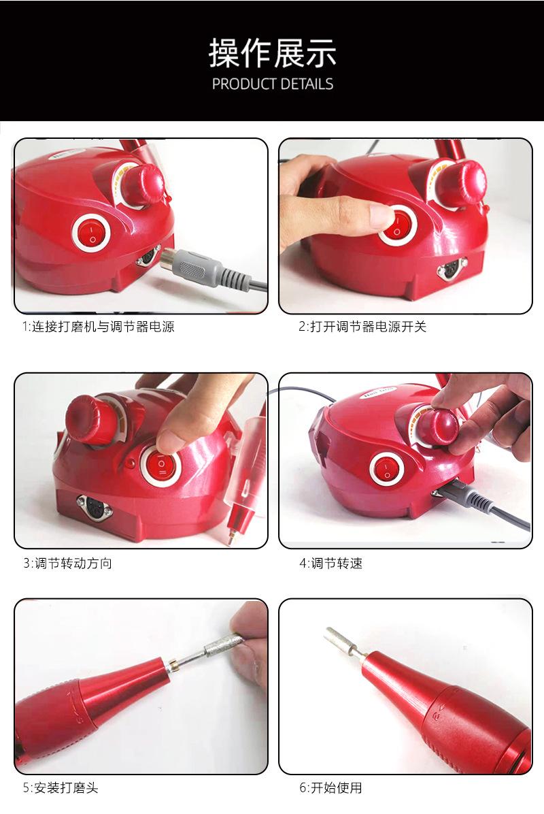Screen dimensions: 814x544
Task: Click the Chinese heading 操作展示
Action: tap(272, 54)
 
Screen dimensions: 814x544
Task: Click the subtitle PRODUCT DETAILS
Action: tap(272, 84)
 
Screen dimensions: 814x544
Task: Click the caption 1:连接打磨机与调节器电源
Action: tap(99, 327)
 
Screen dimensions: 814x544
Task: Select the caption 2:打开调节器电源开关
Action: tap(362, 327)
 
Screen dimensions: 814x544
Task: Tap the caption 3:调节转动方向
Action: tap(67, 563)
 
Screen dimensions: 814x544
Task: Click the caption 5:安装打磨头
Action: tap(61, 787)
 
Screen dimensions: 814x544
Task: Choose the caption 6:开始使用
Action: tap(330, 787)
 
